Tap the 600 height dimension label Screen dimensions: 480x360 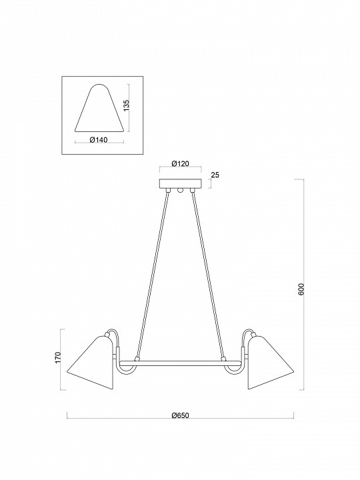pos(301,289)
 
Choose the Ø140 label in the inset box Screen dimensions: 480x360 pos(99,140)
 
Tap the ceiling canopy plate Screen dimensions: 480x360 pos(179,185)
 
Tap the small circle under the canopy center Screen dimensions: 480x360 pos(179,192)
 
